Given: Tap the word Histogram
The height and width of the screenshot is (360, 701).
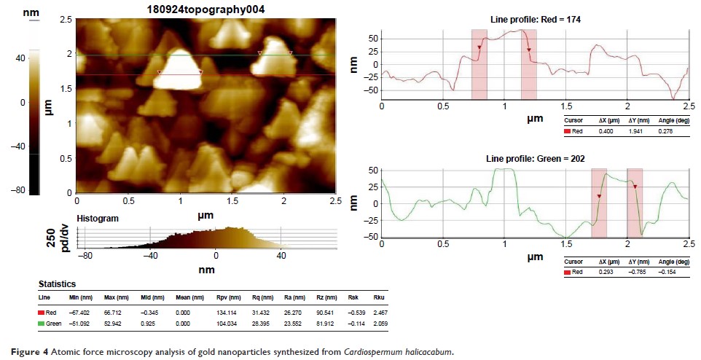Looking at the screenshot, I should click(x=97, y=218).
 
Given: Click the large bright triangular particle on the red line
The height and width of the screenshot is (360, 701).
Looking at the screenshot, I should click(x=179, y=69).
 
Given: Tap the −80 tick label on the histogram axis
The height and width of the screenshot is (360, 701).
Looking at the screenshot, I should click(x=87, y=257).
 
